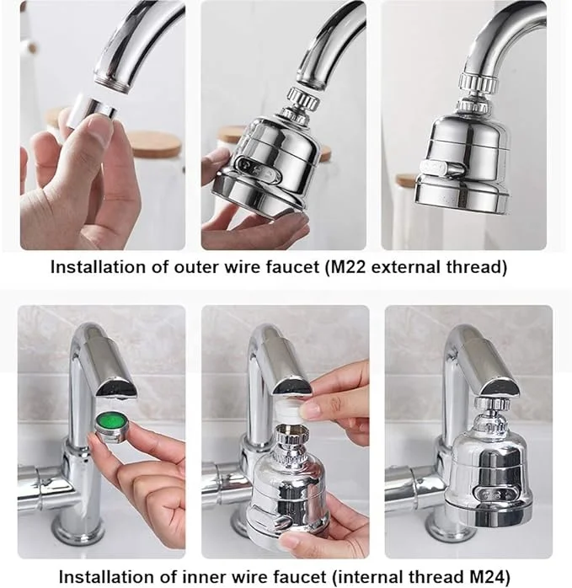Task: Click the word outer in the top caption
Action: click(184, 269)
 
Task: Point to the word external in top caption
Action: click(414, 269)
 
